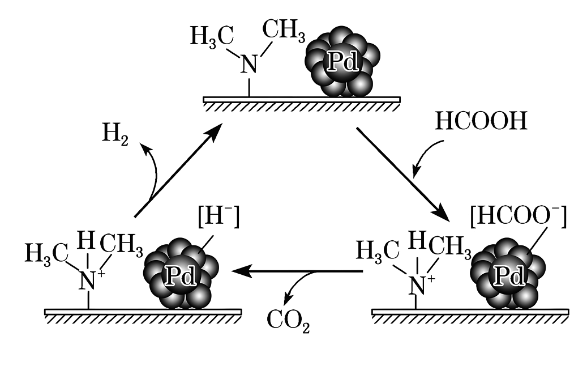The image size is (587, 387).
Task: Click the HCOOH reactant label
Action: tap(481, 121)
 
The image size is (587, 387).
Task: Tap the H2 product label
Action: tap(115, 135)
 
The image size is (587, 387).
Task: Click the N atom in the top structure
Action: tap(249, 65)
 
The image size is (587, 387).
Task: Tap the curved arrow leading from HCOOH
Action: tap(425, 155)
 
